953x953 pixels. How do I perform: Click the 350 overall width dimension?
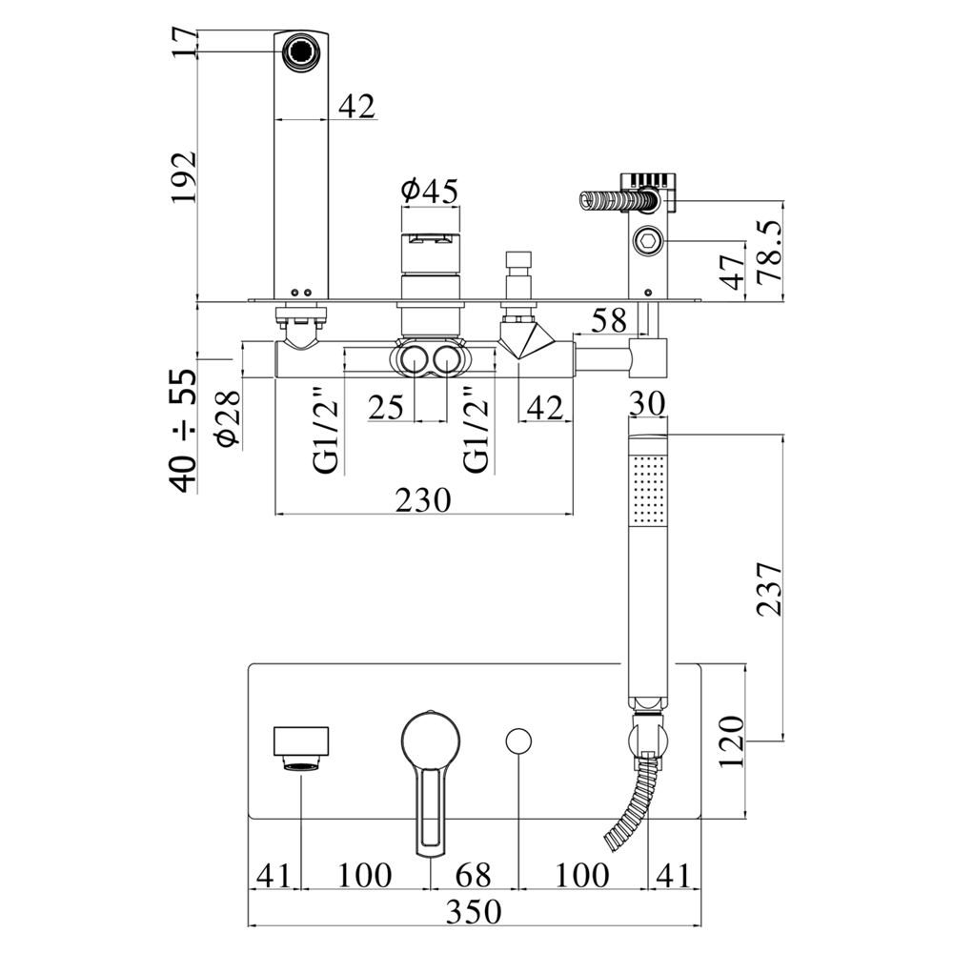[474, 911]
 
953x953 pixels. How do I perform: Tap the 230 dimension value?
[424, 500]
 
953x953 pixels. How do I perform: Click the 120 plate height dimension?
[732, 741]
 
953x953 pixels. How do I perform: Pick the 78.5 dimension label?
[769, 251]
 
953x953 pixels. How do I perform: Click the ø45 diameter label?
[430, 192]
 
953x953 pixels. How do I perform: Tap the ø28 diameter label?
[228, 418]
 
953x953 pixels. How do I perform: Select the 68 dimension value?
[474, 875]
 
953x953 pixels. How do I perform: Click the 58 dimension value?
[609, 320]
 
